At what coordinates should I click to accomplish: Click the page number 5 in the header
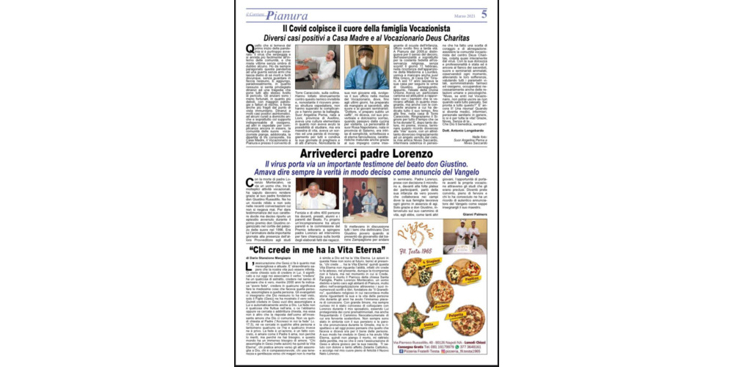click(484, 13)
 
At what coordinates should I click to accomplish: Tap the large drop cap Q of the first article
click(250, 50)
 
